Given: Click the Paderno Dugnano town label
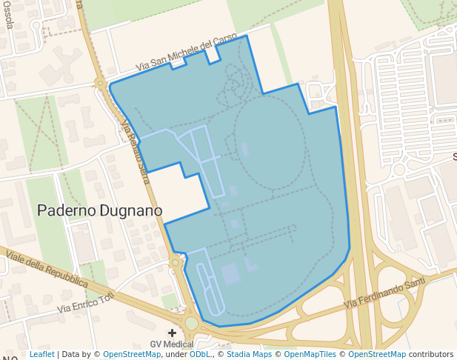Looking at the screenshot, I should [x=99, y=211].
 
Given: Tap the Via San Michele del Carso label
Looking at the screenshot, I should [x=187, y=53].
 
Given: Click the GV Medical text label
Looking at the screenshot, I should [x=172, y=344].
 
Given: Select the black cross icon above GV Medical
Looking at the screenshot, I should [x=173, y=333].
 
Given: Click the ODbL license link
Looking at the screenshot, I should [x=199, y=354].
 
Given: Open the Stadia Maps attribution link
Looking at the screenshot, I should [x=249, y=354].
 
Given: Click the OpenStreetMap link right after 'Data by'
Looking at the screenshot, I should [x=132, y=354].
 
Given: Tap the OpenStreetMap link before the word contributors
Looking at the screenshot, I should [x=377, y=354].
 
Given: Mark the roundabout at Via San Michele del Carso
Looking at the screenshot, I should [x=100, y=84].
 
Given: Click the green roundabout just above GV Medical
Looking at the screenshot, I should [x=192, y=323].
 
